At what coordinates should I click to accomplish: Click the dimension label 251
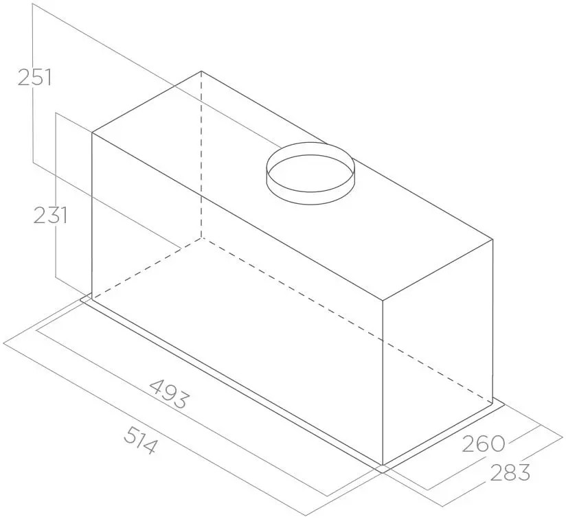[34, 77]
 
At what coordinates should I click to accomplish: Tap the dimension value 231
[50, 216]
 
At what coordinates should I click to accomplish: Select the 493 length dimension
[169, 393]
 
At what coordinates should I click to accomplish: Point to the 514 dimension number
[140, 440]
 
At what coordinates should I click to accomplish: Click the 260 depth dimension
[484, 443]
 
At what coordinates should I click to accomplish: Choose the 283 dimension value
[510, 472]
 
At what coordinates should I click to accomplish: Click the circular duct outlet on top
[310, 173]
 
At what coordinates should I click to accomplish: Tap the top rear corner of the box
[201, 71]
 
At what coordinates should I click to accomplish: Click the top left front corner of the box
[92, 133]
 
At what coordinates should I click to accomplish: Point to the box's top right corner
[493, 239]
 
